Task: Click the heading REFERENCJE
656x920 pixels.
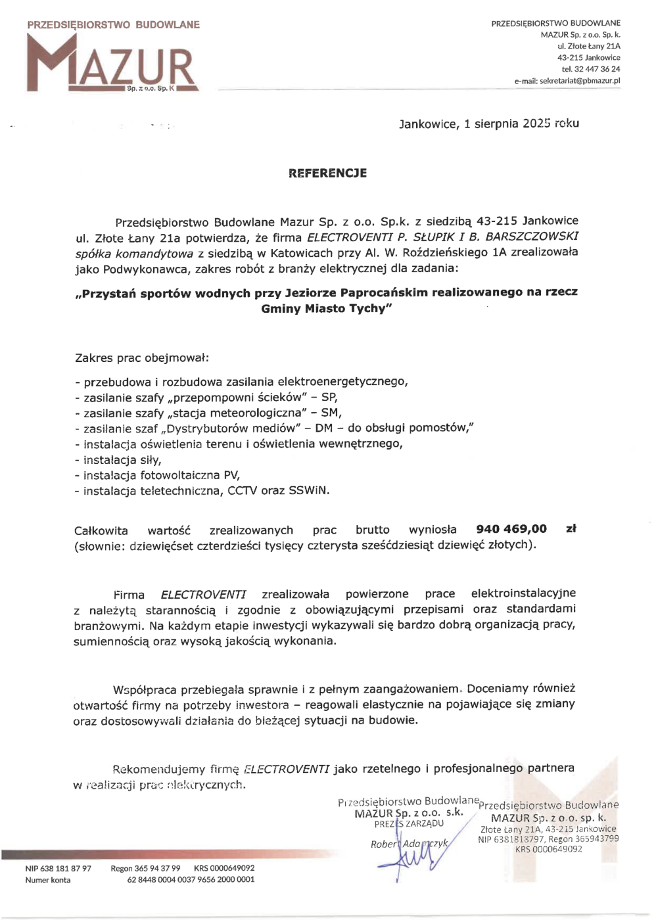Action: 327,173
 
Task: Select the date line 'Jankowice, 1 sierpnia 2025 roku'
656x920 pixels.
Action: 488,124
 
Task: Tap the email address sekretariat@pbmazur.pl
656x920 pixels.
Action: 579,81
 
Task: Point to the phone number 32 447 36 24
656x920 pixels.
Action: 597,69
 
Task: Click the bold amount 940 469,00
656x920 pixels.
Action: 511,529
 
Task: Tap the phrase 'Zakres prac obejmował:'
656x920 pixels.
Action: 142,358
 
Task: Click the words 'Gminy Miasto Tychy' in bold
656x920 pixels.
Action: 326,309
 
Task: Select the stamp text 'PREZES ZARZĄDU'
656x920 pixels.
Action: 409,824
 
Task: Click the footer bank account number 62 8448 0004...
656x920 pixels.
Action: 191,880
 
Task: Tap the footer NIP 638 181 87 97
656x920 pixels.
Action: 58,869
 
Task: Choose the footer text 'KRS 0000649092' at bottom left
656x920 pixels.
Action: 223,869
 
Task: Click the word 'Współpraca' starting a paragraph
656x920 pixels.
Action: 145,690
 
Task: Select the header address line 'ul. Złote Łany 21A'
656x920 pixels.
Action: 588,46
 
